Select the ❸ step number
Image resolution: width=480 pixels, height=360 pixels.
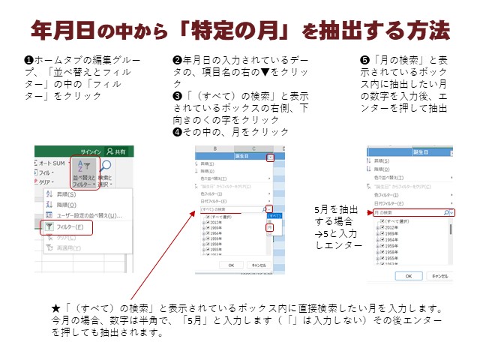click(x=177, y=97)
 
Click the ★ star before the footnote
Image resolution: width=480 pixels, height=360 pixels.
click(x=56, y=309)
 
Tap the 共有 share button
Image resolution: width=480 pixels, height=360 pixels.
click(x=120, y=151)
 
